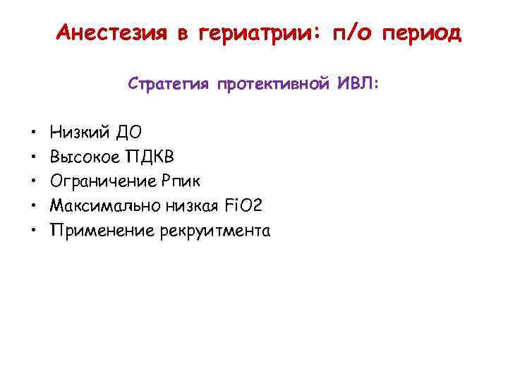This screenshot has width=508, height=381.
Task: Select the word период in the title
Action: pyautogui.click(x=421, y=32)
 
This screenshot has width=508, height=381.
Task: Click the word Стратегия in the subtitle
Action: pyautogui.click(x=169, y=84)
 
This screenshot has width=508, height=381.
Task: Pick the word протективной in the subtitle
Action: pyautogui.click(x=273, y=84)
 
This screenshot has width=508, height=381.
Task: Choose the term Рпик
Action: pyautogui.click(x=180, y=181)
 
